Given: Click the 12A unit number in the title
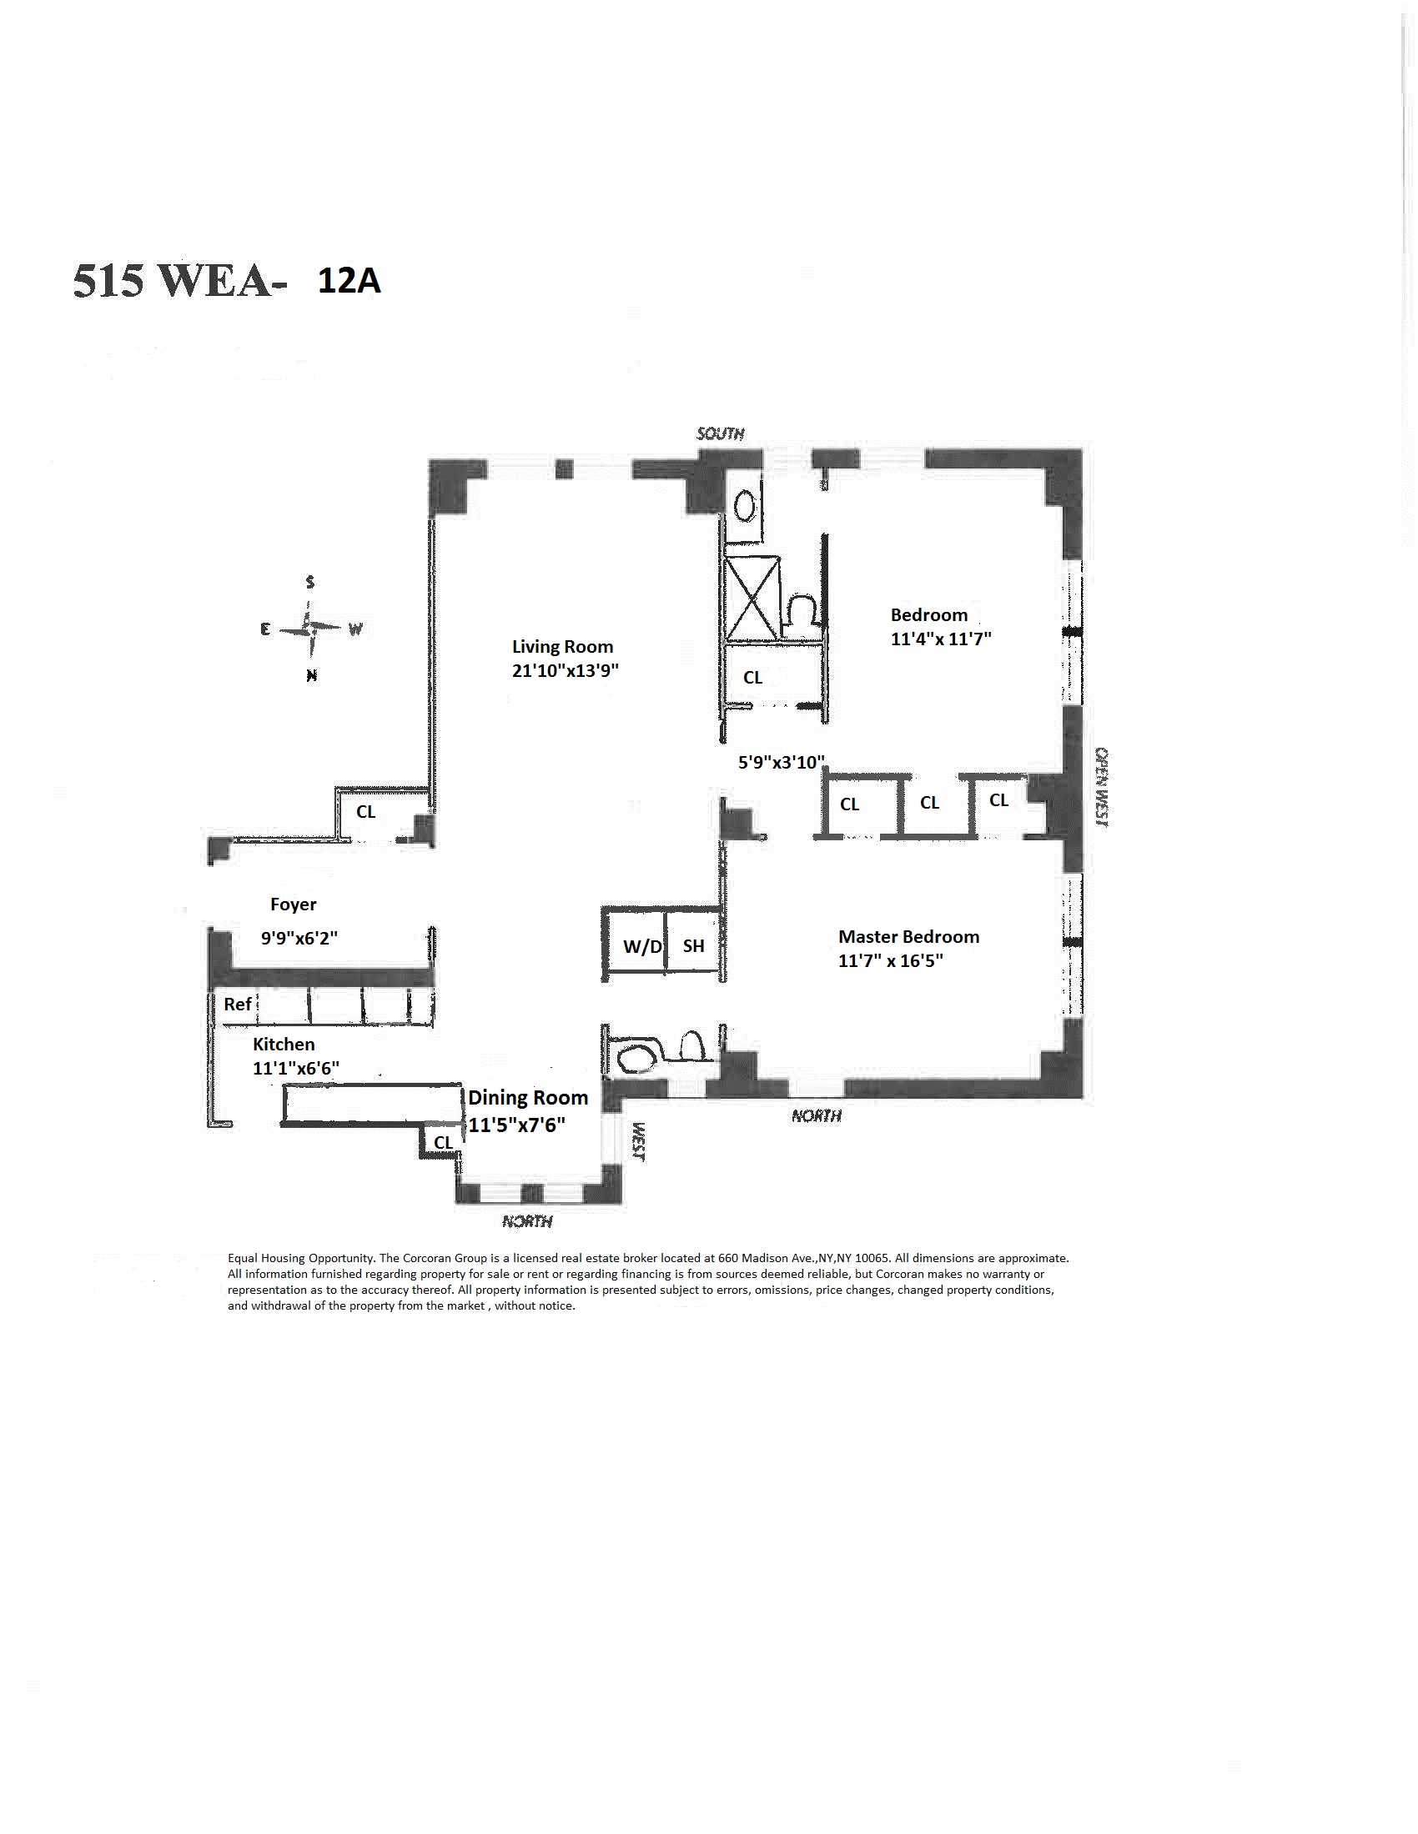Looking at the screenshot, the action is point(349,281).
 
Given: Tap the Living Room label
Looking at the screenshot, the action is point(562,647).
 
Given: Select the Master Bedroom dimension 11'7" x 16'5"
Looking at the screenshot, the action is point(891,960).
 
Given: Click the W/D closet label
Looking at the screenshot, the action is point(642,947).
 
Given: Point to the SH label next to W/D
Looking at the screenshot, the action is point(693,946).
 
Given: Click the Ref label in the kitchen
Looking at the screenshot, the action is point(238,1005).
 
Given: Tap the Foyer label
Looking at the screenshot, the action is point(293,904).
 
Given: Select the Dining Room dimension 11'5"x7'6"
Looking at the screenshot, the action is point(516,1125).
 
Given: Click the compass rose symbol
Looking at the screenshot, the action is point(310,628).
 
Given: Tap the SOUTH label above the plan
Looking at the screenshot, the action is point(721,433).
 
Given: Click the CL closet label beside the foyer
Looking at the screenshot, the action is point(365,812).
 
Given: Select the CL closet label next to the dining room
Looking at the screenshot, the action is point(443,1143).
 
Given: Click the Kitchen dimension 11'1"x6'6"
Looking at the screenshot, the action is point(296,1069).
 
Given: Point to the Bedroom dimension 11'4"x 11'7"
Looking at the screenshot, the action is point(941,639).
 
